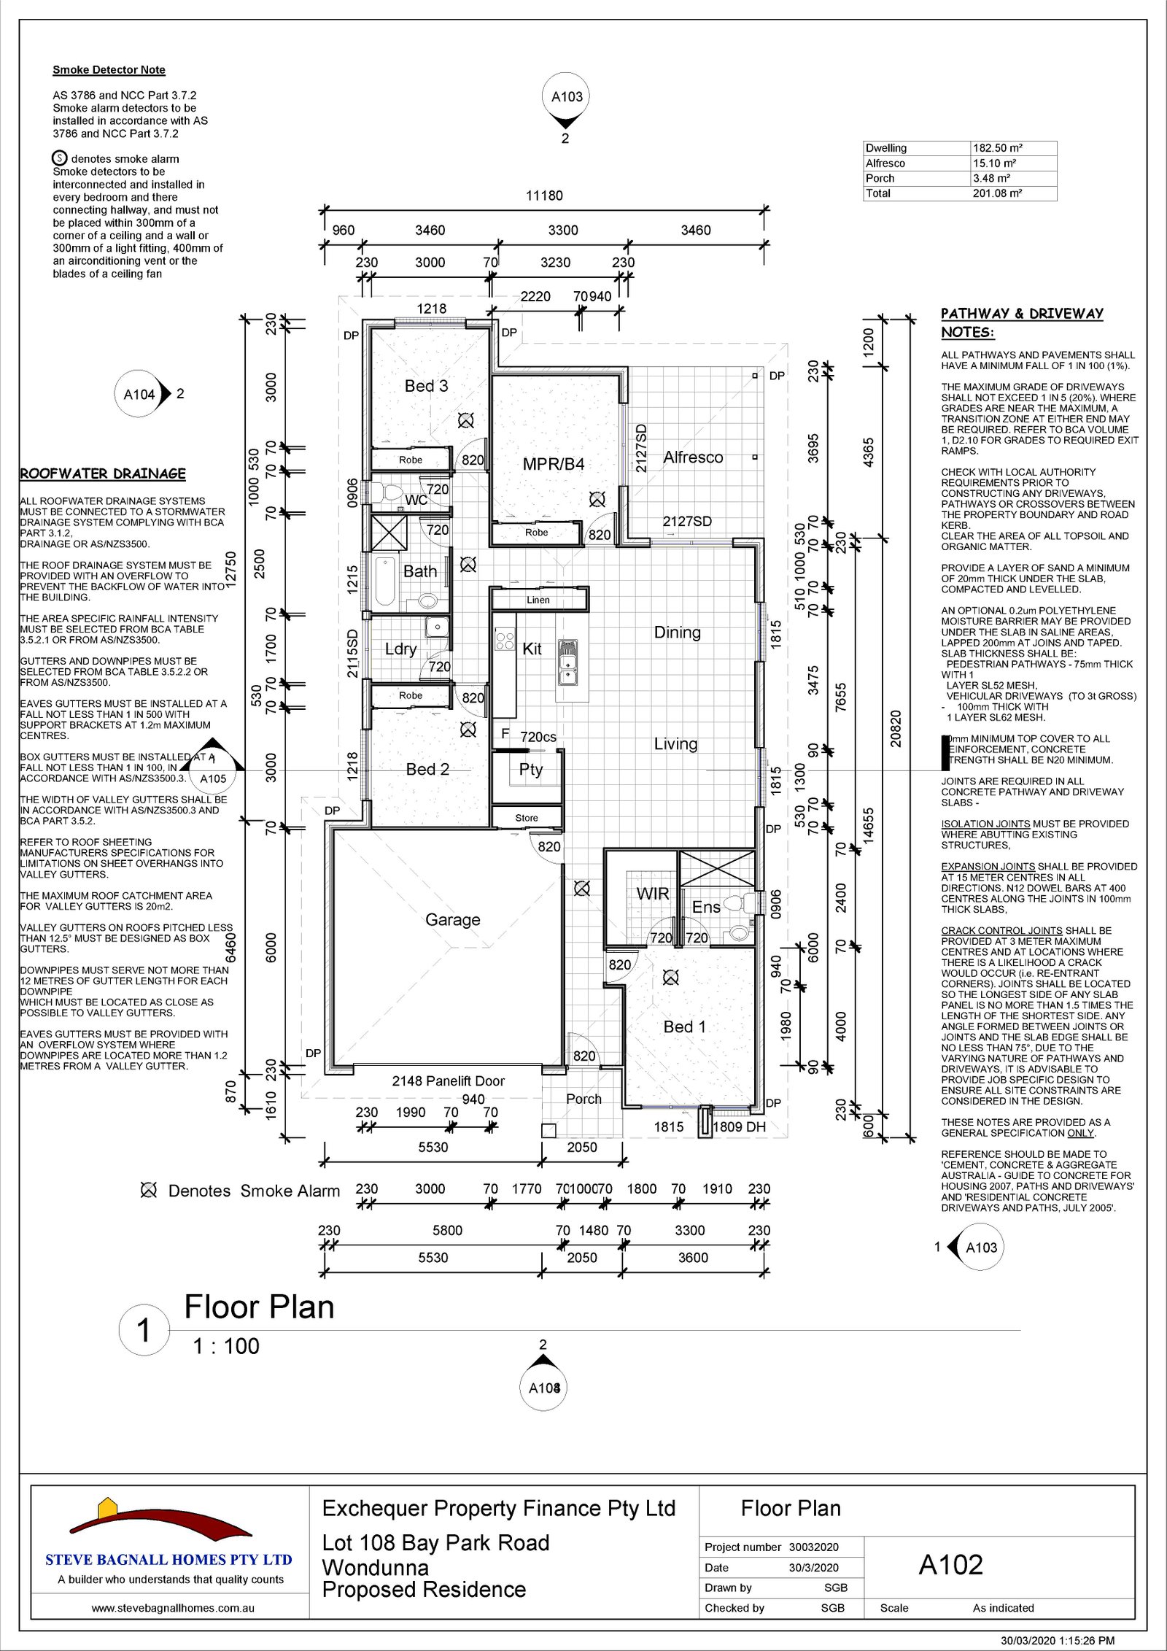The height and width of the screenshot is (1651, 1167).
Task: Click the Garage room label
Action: [452, 920]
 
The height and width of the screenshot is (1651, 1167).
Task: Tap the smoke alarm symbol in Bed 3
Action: [465, 420]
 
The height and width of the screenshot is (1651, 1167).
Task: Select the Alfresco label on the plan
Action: [693, 457]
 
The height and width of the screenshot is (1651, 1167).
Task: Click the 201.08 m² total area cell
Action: [997, 193]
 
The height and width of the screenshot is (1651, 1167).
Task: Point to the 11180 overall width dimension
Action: [544, 196]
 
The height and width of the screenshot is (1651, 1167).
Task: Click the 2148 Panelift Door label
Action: [448, 1080]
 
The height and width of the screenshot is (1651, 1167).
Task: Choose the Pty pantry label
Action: [531, 769]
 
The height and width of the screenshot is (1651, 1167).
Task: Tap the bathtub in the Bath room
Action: [385, 582]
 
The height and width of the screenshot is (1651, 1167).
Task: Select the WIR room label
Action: [652, 894]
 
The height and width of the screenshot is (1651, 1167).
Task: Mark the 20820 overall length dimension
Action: [896, 728]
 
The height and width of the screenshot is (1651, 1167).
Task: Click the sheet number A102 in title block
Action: [950, 1565]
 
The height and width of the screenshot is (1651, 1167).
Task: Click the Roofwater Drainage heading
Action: [103, 473]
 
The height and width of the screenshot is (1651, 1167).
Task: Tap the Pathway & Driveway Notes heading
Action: [1021, 322]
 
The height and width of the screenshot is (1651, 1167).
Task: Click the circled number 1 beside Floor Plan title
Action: [144, 1329]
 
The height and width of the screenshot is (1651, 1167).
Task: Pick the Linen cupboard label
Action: [538, 600]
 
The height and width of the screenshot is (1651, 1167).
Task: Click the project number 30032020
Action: [813, 1547]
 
